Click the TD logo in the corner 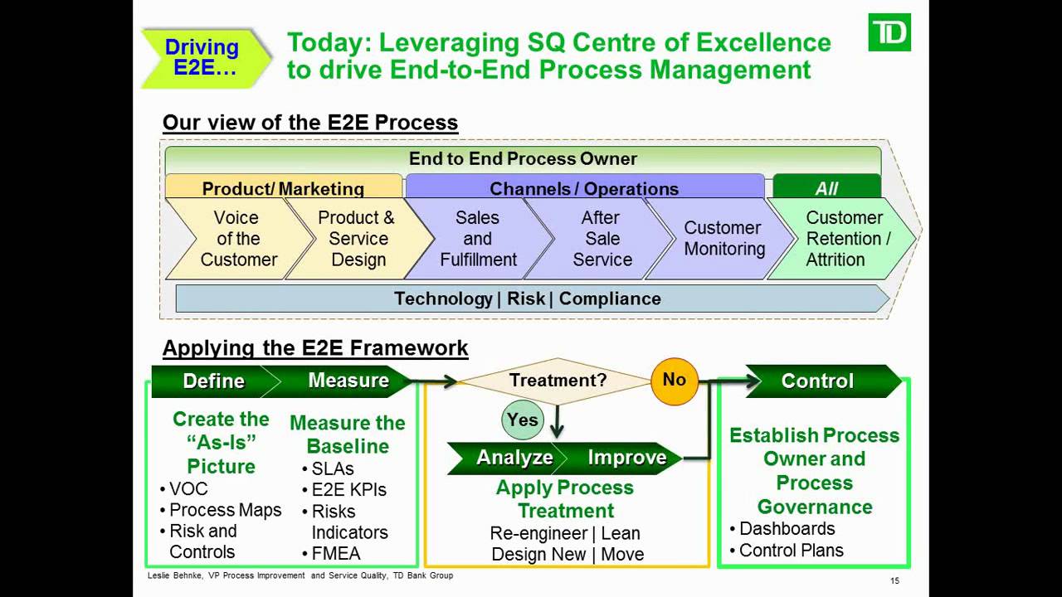coord(889,32)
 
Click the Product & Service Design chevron coord(358,239)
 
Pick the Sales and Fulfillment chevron coord(478,239)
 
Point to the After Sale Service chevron coord(601,239)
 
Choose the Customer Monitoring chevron coord(723,239)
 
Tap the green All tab coord(826,188)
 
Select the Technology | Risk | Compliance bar coord(528,298)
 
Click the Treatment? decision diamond coord(558,381)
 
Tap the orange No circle coord(674,380)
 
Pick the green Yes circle coord(523,420)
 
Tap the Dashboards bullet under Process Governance coord(787,528)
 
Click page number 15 coord(894,580)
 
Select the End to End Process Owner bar coord(523,158)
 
